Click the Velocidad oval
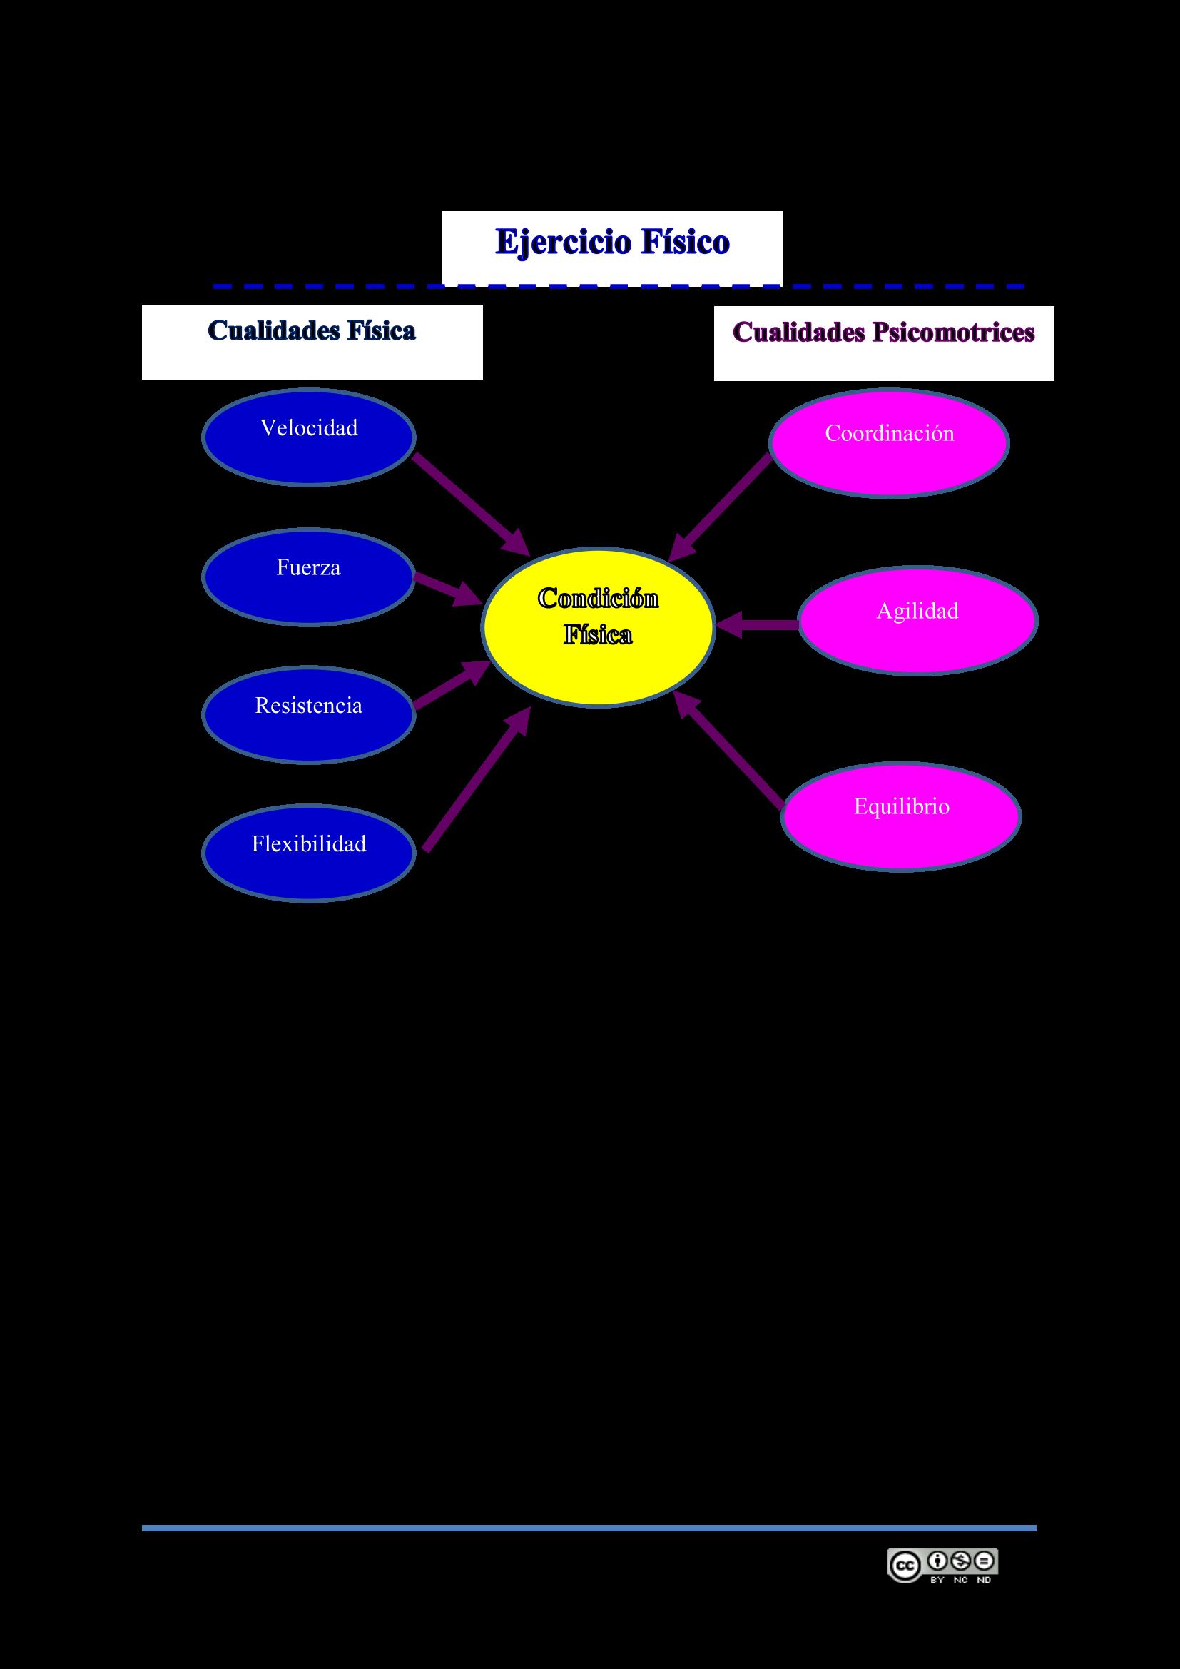308,437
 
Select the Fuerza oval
308,577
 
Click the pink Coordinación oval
889,442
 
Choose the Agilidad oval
917,620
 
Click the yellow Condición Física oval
598,626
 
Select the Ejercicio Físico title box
612,247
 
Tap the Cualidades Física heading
312,341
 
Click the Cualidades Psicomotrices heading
883,343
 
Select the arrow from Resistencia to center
450,685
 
